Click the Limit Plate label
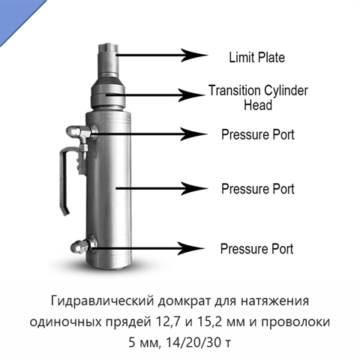pyautogui.click(x=257, y=57)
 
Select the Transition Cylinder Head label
pyautogui.click(x=258, y=97)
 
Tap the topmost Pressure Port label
pyautogui.click(x=258, y=134)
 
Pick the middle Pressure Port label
pyautogui.click(x=258, y=189)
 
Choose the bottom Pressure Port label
pyautogui.click(x=256, y=249)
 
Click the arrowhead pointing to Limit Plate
pyautogui.click(x=194, y=55)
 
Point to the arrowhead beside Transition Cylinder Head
pyautogui.click(x=191, y=95)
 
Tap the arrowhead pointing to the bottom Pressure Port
pyautogui.click(x=191, y=248)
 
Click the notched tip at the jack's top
pyautogui.click(x=108, y=48)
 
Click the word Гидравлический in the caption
pyautogui.click(x=103, y=301)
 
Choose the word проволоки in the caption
pyautogui.click(x=295, y=322)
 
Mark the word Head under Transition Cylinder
pyautogui.click(x=258, y=105)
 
